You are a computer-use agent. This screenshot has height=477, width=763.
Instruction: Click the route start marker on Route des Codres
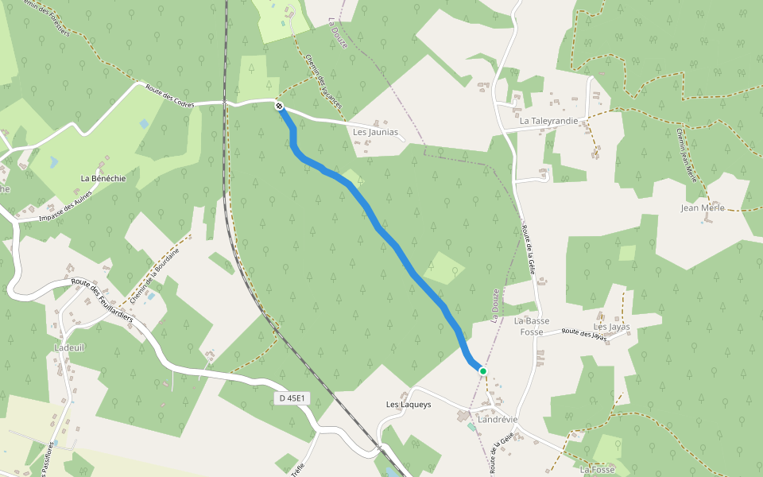[x=279, y=106]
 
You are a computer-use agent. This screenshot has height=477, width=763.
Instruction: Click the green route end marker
[x=482, y=370]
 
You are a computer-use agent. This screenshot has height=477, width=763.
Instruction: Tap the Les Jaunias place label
[x=374, y=132]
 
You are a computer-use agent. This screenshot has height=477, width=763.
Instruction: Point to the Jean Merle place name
[x=703, y=208]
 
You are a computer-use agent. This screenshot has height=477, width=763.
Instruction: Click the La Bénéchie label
[x=103, y=179]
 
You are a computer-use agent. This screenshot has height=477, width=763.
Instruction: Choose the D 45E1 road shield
[x=294, y=397]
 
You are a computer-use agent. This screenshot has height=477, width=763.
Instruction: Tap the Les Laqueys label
[x=409, y=405]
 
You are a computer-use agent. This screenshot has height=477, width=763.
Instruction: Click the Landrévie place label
[x=498, y=419]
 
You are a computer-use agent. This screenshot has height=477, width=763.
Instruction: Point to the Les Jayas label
[x=611, y=327]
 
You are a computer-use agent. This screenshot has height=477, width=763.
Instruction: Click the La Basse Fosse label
[x=532, y=326]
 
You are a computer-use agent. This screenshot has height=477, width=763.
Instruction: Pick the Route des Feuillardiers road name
[x=103, y=298]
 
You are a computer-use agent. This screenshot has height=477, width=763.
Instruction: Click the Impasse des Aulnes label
[x=64, y=208]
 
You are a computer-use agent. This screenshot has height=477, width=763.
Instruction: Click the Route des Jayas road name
[x=584, y=335]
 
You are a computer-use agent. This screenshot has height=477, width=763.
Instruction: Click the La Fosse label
[x=597, y=470]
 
